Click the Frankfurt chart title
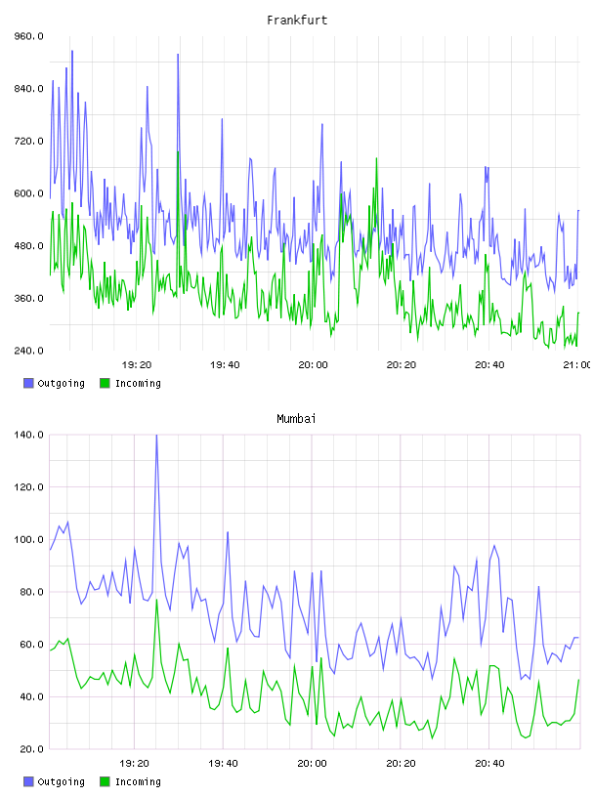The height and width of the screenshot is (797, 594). [297, 21]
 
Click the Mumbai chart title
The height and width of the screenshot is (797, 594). [296, 419]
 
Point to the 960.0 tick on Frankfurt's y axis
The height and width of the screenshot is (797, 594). [29, 36]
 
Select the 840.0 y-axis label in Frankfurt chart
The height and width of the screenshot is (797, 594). [29, 89]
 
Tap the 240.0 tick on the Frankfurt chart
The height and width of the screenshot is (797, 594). [29, 351]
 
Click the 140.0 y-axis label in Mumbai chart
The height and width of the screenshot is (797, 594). [29, 435]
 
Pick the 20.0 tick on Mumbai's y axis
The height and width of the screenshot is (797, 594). [31, 749]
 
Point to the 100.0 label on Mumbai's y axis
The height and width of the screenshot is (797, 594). [29, 539]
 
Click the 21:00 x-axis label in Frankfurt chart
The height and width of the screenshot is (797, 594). [577, 364]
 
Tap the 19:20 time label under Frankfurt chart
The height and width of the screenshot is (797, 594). [137, 364]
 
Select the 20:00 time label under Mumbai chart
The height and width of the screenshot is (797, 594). [313, 763]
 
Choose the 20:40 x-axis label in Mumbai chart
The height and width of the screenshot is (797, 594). [489, 763]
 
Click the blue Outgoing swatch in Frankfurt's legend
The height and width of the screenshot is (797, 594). [28, 383]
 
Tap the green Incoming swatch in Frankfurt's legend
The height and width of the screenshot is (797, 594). [105, 383]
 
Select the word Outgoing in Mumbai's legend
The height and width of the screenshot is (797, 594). [61, 781]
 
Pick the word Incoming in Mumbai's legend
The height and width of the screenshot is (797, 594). [138, 781]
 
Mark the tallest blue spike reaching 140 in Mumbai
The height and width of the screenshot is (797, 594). [156, 436]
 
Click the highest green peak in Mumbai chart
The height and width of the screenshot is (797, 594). [156, 600]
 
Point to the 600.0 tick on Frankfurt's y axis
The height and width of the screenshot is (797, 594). [29, 193]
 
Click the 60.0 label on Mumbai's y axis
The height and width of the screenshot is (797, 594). [31, 645]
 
